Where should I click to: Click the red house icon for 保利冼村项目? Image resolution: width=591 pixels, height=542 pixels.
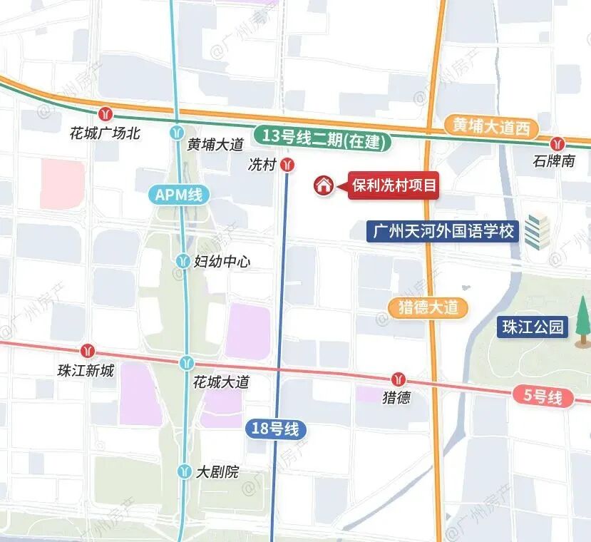point(324,185)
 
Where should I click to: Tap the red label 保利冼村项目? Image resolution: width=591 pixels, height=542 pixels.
point(392,185)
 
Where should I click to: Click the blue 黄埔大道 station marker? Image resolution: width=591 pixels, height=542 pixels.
point(177,132)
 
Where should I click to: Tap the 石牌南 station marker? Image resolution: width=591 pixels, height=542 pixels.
point(557,143)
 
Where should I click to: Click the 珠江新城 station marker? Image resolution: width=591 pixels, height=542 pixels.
point(88,351)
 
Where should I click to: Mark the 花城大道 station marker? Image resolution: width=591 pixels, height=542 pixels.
point(187,363)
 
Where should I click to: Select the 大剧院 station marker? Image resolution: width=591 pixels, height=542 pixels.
point(185,472)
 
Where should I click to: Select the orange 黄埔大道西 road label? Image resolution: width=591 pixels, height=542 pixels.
point(492,127)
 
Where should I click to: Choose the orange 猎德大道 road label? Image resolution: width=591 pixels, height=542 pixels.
point(428,308)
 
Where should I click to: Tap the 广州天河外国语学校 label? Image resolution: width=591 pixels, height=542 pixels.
point(443,232)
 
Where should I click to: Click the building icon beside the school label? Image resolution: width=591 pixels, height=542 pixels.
point(538,230)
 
